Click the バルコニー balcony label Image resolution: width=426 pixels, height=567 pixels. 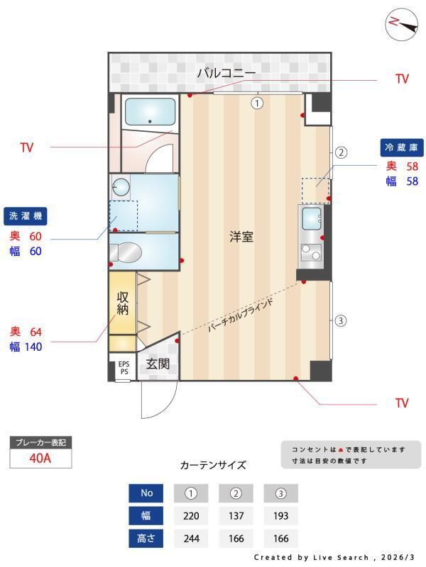(x=226, y=72)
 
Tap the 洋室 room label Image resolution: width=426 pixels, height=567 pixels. (x=241, y=237)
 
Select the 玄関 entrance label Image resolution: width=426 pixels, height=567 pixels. (x=158, y=364)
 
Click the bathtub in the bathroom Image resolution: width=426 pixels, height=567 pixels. (x=150, y=111)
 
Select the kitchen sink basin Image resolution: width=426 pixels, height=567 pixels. (x=312, y=217)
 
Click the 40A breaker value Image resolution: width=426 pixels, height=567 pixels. (x=40, y=458)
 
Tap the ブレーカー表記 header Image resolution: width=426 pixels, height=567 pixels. (x=40, y=442)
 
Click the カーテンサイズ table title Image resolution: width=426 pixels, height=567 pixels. (x=213, y=465)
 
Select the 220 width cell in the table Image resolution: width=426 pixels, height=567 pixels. (x=191, y=515)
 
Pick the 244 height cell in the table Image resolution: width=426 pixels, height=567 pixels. (x=191, y=537)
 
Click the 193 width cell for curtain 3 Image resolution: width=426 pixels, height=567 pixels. (x=280, y=515)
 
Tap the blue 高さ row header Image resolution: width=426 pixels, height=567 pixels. (x=146, y=537)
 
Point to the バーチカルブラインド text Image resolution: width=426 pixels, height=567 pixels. (x=241, y=313)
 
